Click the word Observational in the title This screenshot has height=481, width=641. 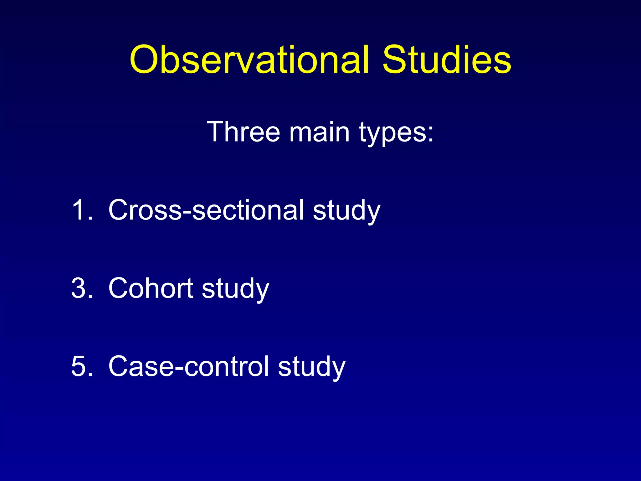click(249, 59)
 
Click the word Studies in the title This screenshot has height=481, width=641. click(447, 59)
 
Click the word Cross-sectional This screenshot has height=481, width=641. click(206, 210)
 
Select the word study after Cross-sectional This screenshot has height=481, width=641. click(346, 211)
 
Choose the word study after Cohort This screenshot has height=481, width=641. click(235, 290)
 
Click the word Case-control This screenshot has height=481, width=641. click(188, 366)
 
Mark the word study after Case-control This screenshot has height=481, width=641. click(311, 368)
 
